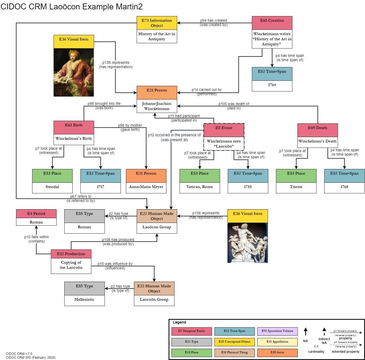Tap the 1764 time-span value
272,85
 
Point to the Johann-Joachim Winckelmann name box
157,106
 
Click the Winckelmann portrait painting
74,72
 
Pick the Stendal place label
52,187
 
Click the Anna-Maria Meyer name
146,187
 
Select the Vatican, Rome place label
200,187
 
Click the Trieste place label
296,187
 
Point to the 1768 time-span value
344,187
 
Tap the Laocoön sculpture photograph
248,243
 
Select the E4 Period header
36,214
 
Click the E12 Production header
71,254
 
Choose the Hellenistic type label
84,299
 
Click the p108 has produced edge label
118,240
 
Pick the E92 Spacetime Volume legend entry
277,331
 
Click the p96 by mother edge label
130,125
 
